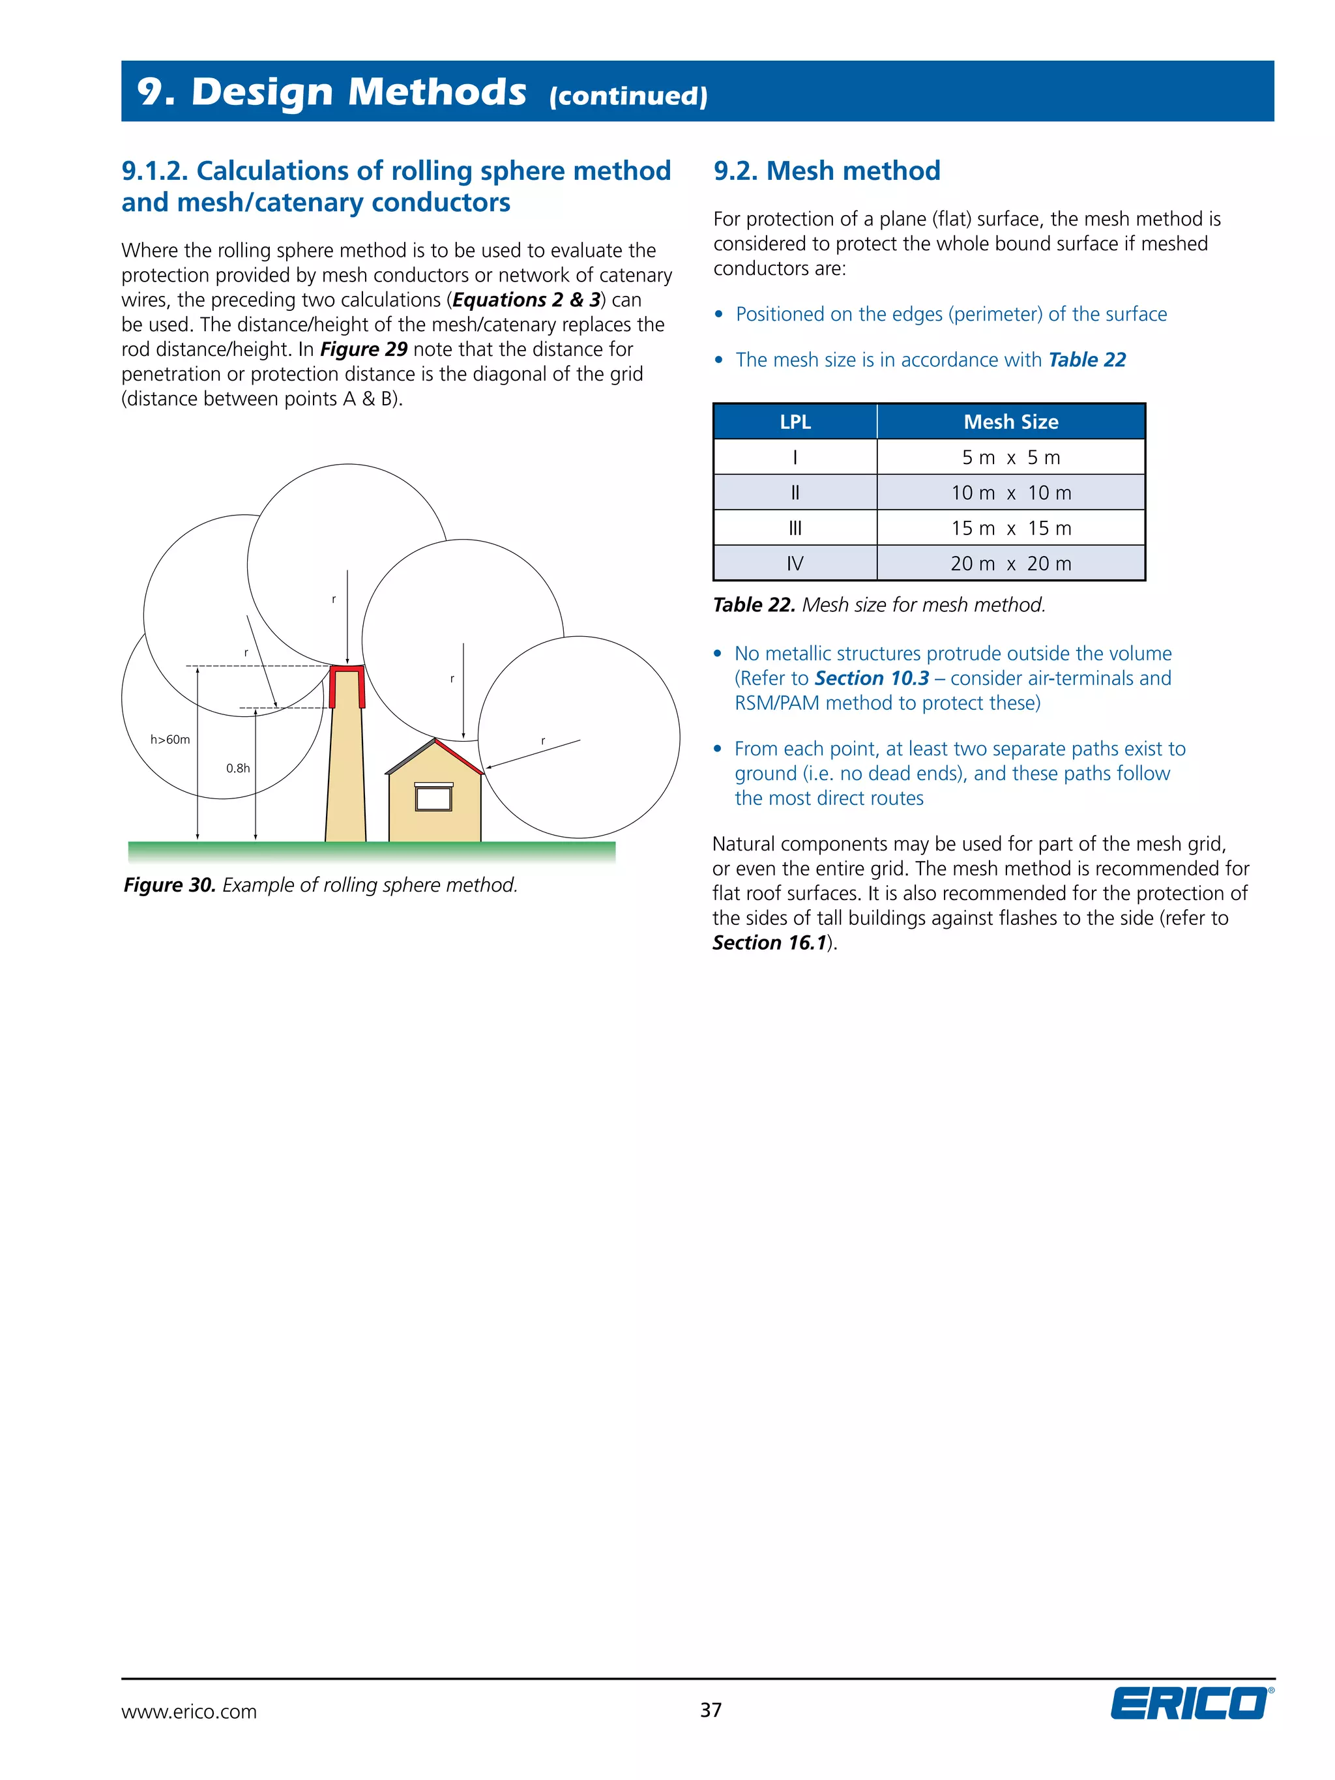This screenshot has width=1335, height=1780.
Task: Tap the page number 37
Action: [711, 1709]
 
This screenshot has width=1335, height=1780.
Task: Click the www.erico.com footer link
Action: [189, 1712]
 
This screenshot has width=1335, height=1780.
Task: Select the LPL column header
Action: [794, 422]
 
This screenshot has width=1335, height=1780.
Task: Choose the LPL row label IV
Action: [794, 563]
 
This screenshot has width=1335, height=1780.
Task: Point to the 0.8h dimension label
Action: [237, 768]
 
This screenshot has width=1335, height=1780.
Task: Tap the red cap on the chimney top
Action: [347, 669]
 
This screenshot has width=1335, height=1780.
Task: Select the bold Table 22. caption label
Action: [753, 605]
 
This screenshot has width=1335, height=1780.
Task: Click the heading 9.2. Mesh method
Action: [827, 171]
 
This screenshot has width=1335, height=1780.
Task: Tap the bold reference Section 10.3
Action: [872, 678]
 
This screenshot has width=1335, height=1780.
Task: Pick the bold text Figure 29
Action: [364, 349]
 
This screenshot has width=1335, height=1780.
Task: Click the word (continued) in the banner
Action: [628, 96]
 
